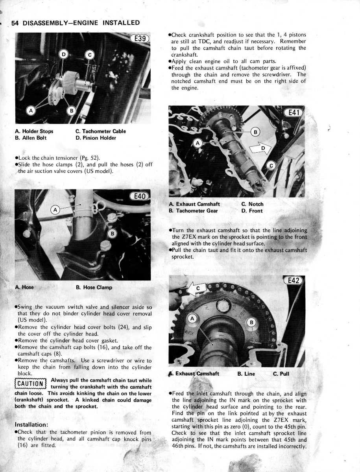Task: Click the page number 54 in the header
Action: pos(16,23)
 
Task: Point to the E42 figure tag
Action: pos(294,280)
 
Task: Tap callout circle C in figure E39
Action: pos(90,55)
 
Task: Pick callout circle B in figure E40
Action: pos(113,234)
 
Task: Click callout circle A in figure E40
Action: pos(55,210)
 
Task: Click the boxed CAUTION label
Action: pos(30,383)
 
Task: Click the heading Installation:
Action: pos(31,425)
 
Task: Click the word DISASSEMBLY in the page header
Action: pos(52,23)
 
